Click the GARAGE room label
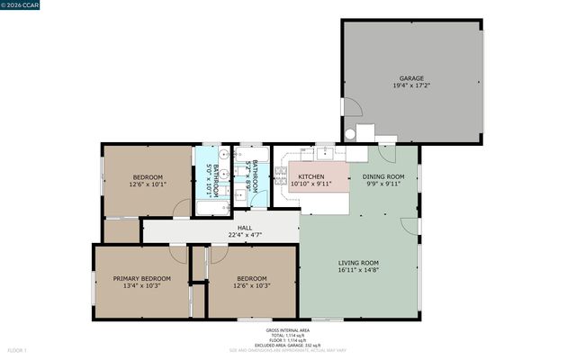pos(411,78)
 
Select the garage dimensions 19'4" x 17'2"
pos(411,86)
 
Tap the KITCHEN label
pos(311,176)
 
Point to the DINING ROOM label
pos(384,176)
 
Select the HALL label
pos(245,228)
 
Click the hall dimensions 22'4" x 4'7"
pos(245,236)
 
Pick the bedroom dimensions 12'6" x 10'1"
pos(148,184)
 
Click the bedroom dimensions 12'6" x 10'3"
pos(252,286)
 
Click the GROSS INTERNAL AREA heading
pos(287,329)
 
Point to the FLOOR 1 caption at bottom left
pos(17,350)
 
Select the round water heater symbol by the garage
pos(350,134)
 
